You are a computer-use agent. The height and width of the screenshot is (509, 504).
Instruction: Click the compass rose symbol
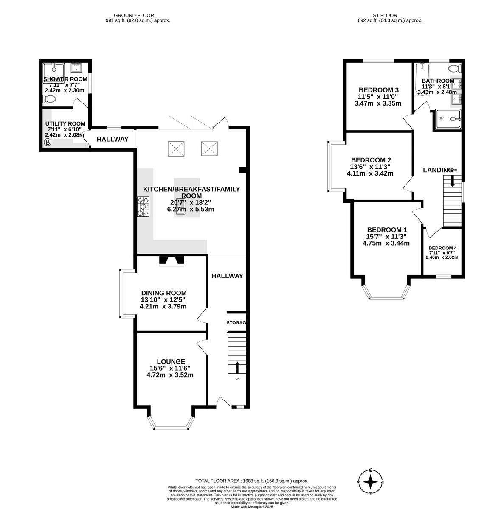click(371, 482)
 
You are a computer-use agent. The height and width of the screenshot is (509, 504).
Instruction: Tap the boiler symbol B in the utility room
click(48, 143)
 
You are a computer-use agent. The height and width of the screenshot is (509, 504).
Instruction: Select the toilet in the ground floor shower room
click(50, 99)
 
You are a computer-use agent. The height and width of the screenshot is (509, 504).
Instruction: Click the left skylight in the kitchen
click(176, 148)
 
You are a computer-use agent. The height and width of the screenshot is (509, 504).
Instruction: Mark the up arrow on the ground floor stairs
click(237, 367)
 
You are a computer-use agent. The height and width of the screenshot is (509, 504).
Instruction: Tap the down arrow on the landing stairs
click(452, 181)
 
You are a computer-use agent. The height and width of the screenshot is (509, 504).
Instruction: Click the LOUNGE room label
click(170, 361)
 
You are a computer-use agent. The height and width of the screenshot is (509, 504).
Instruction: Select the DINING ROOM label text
click(163, 293)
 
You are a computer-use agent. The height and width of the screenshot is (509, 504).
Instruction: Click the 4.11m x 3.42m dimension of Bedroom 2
click(370, 173)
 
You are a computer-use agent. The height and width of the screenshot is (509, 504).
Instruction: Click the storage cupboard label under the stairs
click(237, 323)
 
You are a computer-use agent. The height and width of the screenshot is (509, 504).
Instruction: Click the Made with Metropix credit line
click(252, 506)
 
